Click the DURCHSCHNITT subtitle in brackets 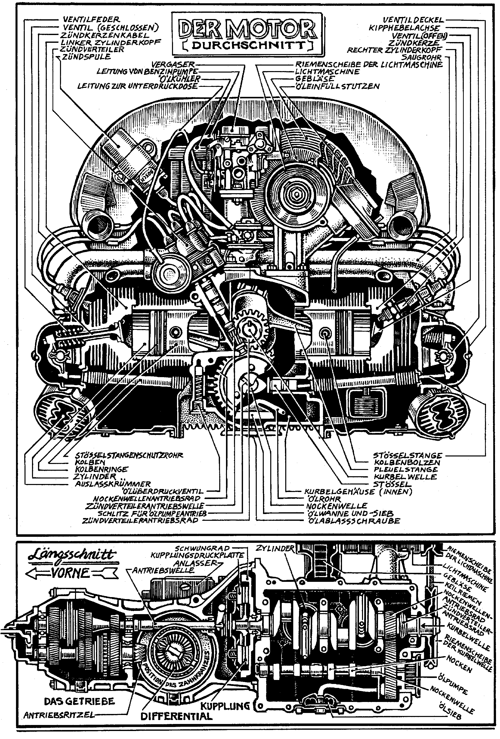pos(247,46)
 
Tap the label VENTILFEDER pos(91,20)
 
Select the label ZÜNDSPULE pos(86,57)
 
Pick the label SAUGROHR pos(421,57)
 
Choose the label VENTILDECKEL pos(413,20)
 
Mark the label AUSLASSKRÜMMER pos(113,484)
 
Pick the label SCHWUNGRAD pos(202,549)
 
